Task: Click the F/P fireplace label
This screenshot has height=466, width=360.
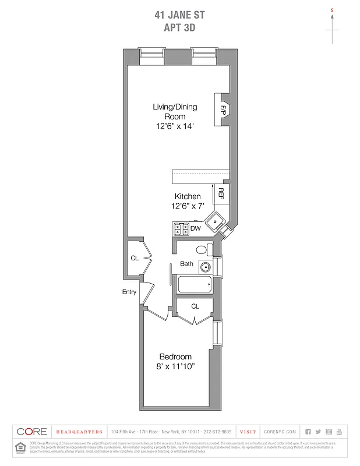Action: [223, 109]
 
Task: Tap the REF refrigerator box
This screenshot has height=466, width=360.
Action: [221, 193]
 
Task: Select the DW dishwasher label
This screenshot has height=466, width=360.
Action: [195, 228]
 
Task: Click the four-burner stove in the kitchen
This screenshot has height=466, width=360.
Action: [180, 228]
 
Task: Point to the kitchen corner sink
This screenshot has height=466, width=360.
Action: [216, 221]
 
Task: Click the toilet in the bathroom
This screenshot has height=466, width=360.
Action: [202, 250]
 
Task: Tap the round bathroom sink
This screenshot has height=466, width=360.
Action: [205, 268]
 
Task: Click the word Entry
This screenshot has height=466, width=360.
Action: [129, 292]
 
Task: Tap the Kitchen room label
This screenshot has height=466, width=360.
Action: [188, 196]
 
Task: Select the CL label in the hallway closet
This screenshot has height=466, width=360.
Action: [134, 258]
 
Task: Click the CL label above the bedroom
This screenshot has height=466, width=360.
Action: [195, 306]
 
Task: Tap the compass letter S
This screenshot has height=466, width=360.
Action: [332, 10]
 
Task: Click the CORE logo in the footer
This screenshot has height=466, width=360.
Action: [31, 432]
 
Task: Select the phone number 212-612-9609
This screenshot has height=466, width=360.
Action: [218, 432]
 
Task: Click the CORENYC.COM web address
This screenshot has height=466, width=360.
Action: [280, 432]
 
